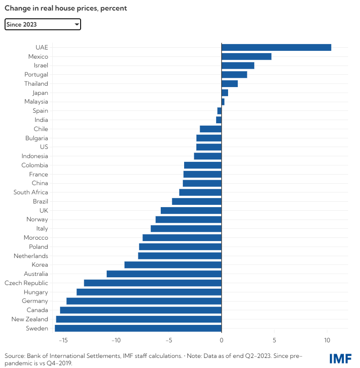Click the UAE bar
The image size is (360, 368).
pyautogui.click(x=276, y=47)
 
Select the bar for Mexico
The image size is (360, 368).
pyautogui.click(x=246, y=56)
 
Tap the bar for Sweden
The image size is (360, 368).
pyautogui.click(x=138, y=328)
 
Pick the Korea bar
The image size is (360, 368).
pyautogui.click(x=173, y=265)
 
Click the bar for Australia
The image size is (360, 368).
pyautogui.click(x=164, y=274)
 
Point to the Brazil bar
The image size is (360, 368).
pyautogui.click(x=196, y=201)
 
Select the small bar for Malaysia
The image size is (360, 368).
pyautogui.click(x=223, y=102)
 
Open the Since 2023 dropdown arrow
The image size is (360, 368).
pyautogui.click(x=76, y=24)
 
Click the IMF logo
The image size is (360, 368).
pyautogui.click(x=339, y=358)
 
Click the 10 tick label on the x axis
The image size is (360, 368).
pyautogui.click(x=327, y=340)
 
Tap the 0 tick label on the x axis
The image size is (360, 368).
pyautogui.click(x=222, y=340)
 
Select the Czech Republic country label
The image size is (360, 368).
pyautogui.click(x=26, y=283)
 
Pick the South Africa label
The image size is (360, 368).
pyautogui.click(x=31, y=192)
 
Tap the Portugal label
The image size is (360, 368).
pyautogui.click(x=36, y=74)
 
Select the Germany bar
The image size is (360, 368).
pyautogui.click(x=144, y=301)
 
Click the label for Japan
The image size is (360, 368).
pyautogui.click(x=40, y=93)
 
